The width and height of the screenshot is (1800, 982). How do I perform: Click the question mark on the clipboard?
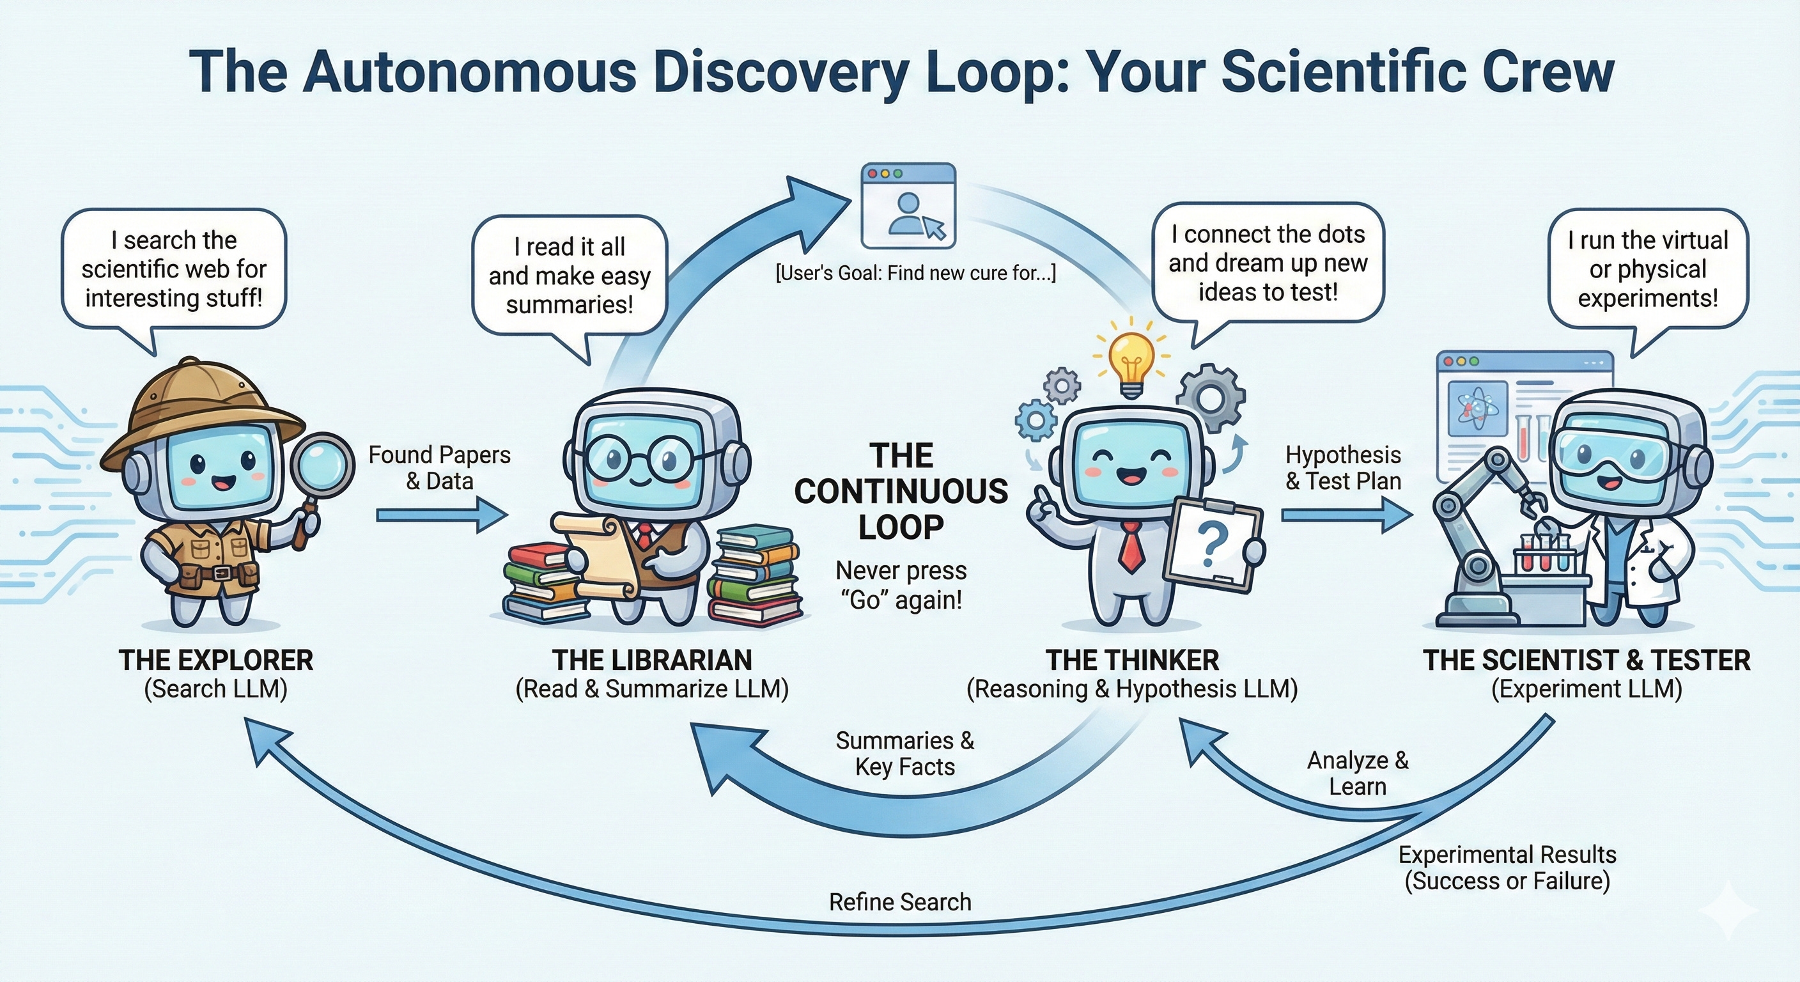pos(1213,545)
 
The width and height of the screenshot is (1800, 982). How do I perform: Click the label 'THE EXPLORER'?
pos(216,660)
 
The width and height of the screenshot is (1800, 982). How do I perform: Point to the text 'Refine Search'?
pos(900,902)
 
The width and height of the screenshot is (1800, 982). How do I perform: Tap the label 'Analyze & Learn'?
pos(1358,774)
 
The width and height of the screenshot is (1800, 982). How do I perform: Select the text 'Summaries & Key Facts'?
pos(905,754)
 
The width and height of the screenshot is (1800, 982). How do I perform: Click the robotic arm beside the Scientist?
pos(1475,531)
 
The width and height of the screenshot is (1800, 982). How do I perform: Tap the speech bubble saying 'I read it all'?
pos(570,276)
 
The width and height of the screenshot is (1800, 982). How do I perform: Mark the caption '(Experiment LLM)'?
pos(1586,689)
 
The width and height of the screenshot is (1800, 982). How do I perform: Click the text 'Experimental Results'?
pos(1507,855)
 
